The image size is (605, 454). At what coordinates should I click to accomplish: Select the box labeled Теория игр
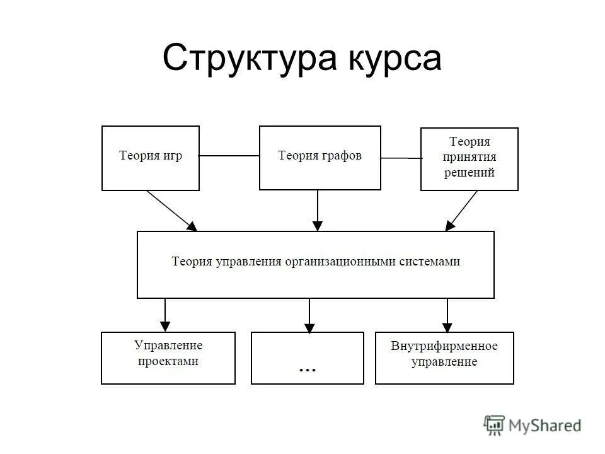[x=151, y=158]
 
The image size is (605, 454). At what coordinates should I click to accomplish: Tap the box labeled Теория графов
[x=320, y=158]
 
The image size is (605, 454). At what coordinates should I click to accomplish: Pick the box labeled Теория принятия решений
[x=470, y=159]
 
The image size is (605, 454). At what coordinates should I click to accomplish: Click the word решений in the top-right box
[x=470, y=173]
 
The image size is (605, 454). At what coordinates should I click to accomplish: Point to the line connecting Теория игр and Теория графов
[x=229, y=156]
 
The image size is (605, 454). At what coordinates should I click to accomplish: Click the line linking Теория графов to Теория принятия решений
[x=401, y=158]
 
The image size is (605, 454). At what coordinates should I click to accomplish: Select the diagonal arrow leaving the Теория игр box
[x=171, y=210]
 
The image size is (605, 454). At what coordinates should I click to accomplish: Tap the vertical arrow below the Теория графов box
[x=318, y=210]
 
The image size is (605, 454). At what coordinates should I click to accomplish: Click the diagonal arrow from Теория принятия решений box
[x=462, y=210]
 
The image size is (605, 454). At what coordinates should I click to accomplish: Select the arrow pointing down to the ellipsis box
[x=309, y=315]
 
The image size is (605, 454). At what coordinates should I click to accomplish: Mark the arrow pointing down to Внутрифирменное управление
[x=447, y=315]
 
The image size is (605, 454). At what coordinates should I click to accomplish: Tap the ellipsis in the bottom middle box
[x=307, y=369]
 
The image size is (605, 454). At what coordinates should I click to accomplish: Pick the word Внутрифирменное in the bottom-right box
[x=444, y=346]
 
